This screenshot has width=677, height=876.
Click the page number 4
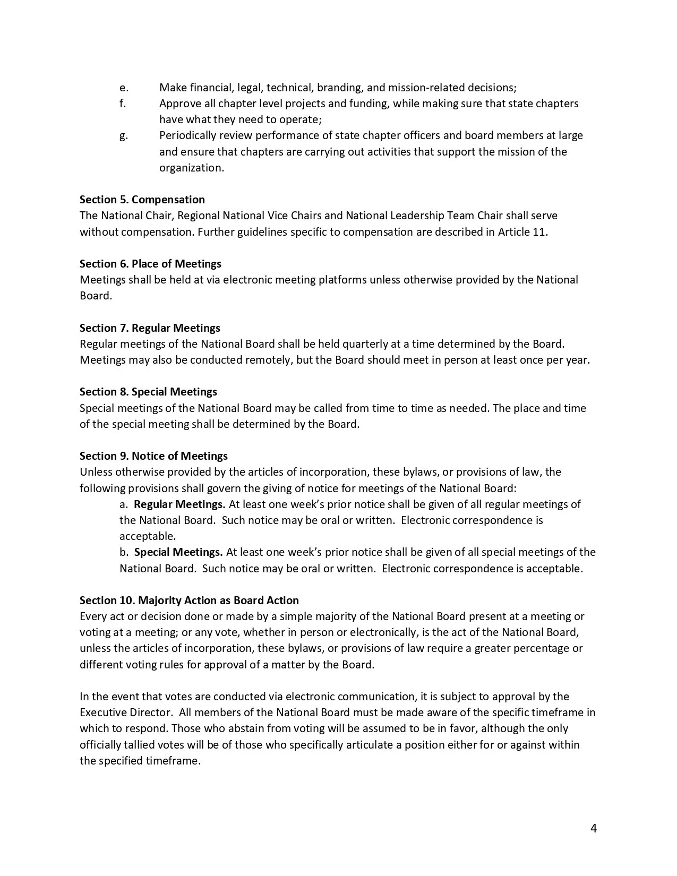[593, 828]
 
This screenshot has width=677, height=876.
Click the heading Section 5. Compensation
[142, 200]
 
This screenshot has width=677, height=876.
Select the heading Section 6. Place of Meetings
[150, 264]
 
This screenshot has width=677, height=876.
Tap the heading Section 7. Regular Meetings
[150, 328]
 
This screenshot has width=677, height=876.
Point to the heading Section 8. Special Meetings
[148, 392]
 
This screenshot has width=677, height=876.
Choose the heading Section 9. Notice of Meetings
[153, 456]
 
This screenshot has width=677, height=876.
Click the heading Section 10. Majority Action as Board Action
[189, 600]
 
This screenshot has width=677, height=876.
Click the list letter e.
[124, 88]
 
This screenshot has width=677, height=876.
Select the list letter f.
[123, 104]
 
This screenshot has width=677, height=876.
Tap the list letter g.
[123, 136]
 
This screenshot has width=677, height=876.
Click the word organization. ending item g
[192, 168]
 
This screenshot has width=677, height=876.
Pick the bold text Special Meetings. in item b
[178, 552]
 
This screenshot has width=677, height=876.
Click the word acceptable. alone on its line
[148, 536]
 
